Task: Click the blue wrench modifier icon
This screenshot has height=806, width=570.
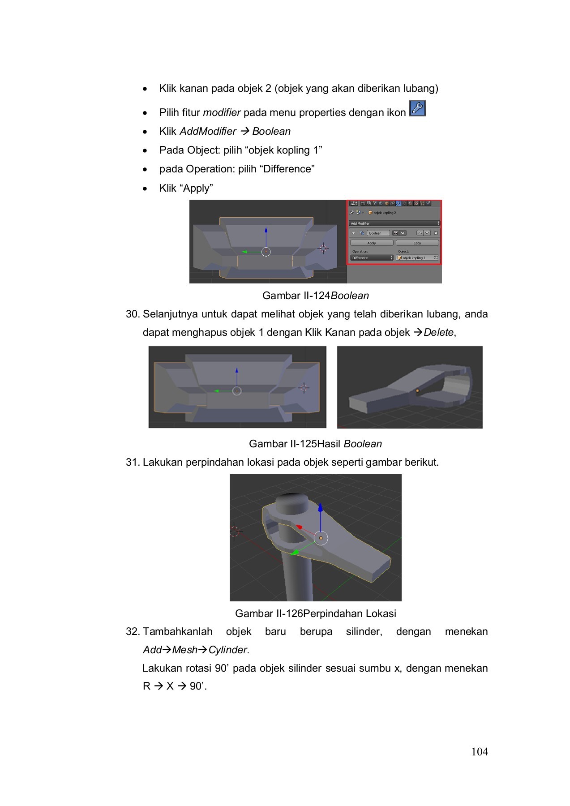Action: click(x=417, y=108)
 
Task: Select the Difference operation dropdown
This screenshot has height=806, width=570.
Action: click(x=372, y=258)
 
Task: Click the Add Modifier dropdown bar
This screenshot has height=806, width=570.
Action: click(x=394, y=223)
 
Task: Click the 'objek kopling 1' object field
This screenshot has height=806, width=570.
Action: click(x=417, y=258)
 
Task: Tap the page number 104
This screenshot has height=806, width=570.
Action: click(x=480, y=752)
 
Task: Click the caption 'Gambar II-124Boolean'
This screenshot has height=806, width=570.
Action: click(x=315, y=296)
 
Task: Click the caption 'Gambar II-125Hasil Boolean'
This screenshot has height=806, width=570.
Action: click(x=315, y=444)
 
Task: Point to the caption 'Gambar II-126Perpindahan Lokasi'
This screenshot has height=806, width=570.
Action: click(x=315, y=613)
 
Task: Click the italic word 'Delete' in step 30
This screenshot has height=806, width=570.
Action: click(x=438, y=332)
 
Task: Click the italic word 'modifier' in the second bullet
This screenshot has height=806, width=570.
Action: click(x=222, y=112)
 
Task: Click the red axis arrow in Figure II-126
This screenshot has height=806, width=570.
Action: click(x=299, y=527)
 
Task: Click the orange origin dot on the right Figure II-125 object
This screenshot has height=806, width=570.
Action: click(x=417, y=391)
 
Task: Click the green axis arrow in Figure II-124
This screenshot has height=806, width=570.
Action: click(x=244, y=252)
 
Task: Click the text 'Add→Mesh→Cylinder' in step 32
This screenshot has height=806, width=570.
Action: click(x=195, y=650)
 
